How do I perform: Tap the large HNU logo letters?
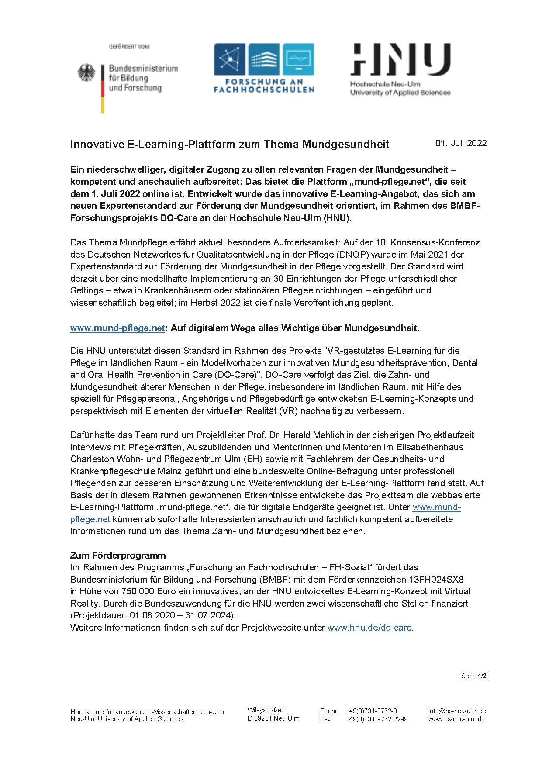pyautogui.click(x=400, y=60)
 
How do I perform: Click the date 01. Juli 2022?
pyautogui.click(x=461, y=143)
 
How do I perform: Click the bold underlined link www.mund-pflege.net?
pyautogui.click(x=117, y=328)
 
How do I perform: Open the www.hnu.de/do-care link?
pyautogui.click(x=369, y=628)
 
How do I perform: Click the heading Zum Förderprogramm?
pyautogui.click(x=118, y=556)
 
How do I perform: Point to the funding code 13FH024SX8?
pyautogui.click(x=436, y=580)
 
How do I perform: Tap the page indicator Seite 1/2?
pyautogui.click(x=473, y=676)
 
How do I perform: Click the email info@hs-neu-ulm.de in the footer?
pyautogui.click(x=457, y=711)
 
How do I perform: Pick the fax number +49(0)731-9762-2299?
pyautogui.click(x=376, y=719)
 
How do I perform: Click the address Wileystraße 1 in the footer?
pyautogui.click(x=267, y=710)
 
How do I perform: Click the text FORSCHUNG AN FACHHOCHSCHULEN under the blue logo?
pyautogui.click(x=264, y=86)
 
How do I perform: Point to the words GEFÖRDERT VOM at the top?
pyautogui.click(x=129, y=47)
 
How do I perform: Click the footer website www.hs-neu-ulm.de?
pyautogui.click(x=456, y=719)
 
